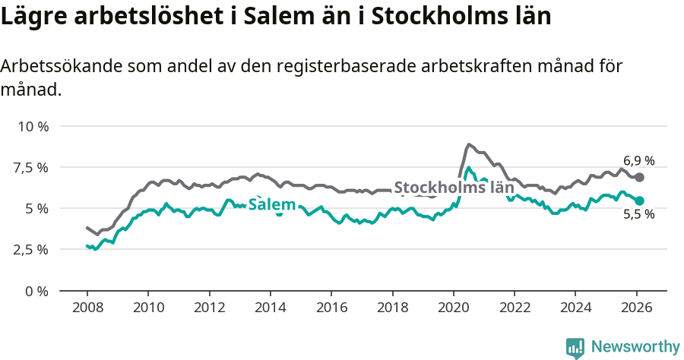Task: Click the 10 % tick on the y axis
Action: tap(33, 126)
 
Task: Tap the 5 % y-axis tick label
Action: tap(37, 208)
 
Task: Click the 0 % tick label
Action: tap(37, 291)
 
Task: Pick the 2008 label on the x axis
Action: tap(87, 308)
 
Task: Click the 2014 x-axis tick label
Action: tap(270, 308)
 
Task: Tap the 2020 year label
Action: tap(453, 308)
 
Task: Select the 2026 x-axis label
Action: tap(636, 308)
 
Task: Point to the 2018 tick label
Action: tap(392, 308)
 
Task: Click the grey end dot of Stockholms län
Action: tap(639, 177)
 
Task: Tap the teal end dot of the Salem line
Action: tap(639, 201)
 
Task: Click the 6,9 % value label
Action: tap(638, 161)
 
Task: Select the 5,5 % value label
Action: tap(638, 215)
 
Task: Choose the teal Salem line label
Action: tap(272, 204)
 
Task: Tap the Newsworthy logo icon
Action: tap(575, 347)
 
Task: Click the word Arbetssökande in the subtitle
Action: tap(63, 66)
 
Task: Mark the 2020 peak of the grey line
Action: tap(468, 144)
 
